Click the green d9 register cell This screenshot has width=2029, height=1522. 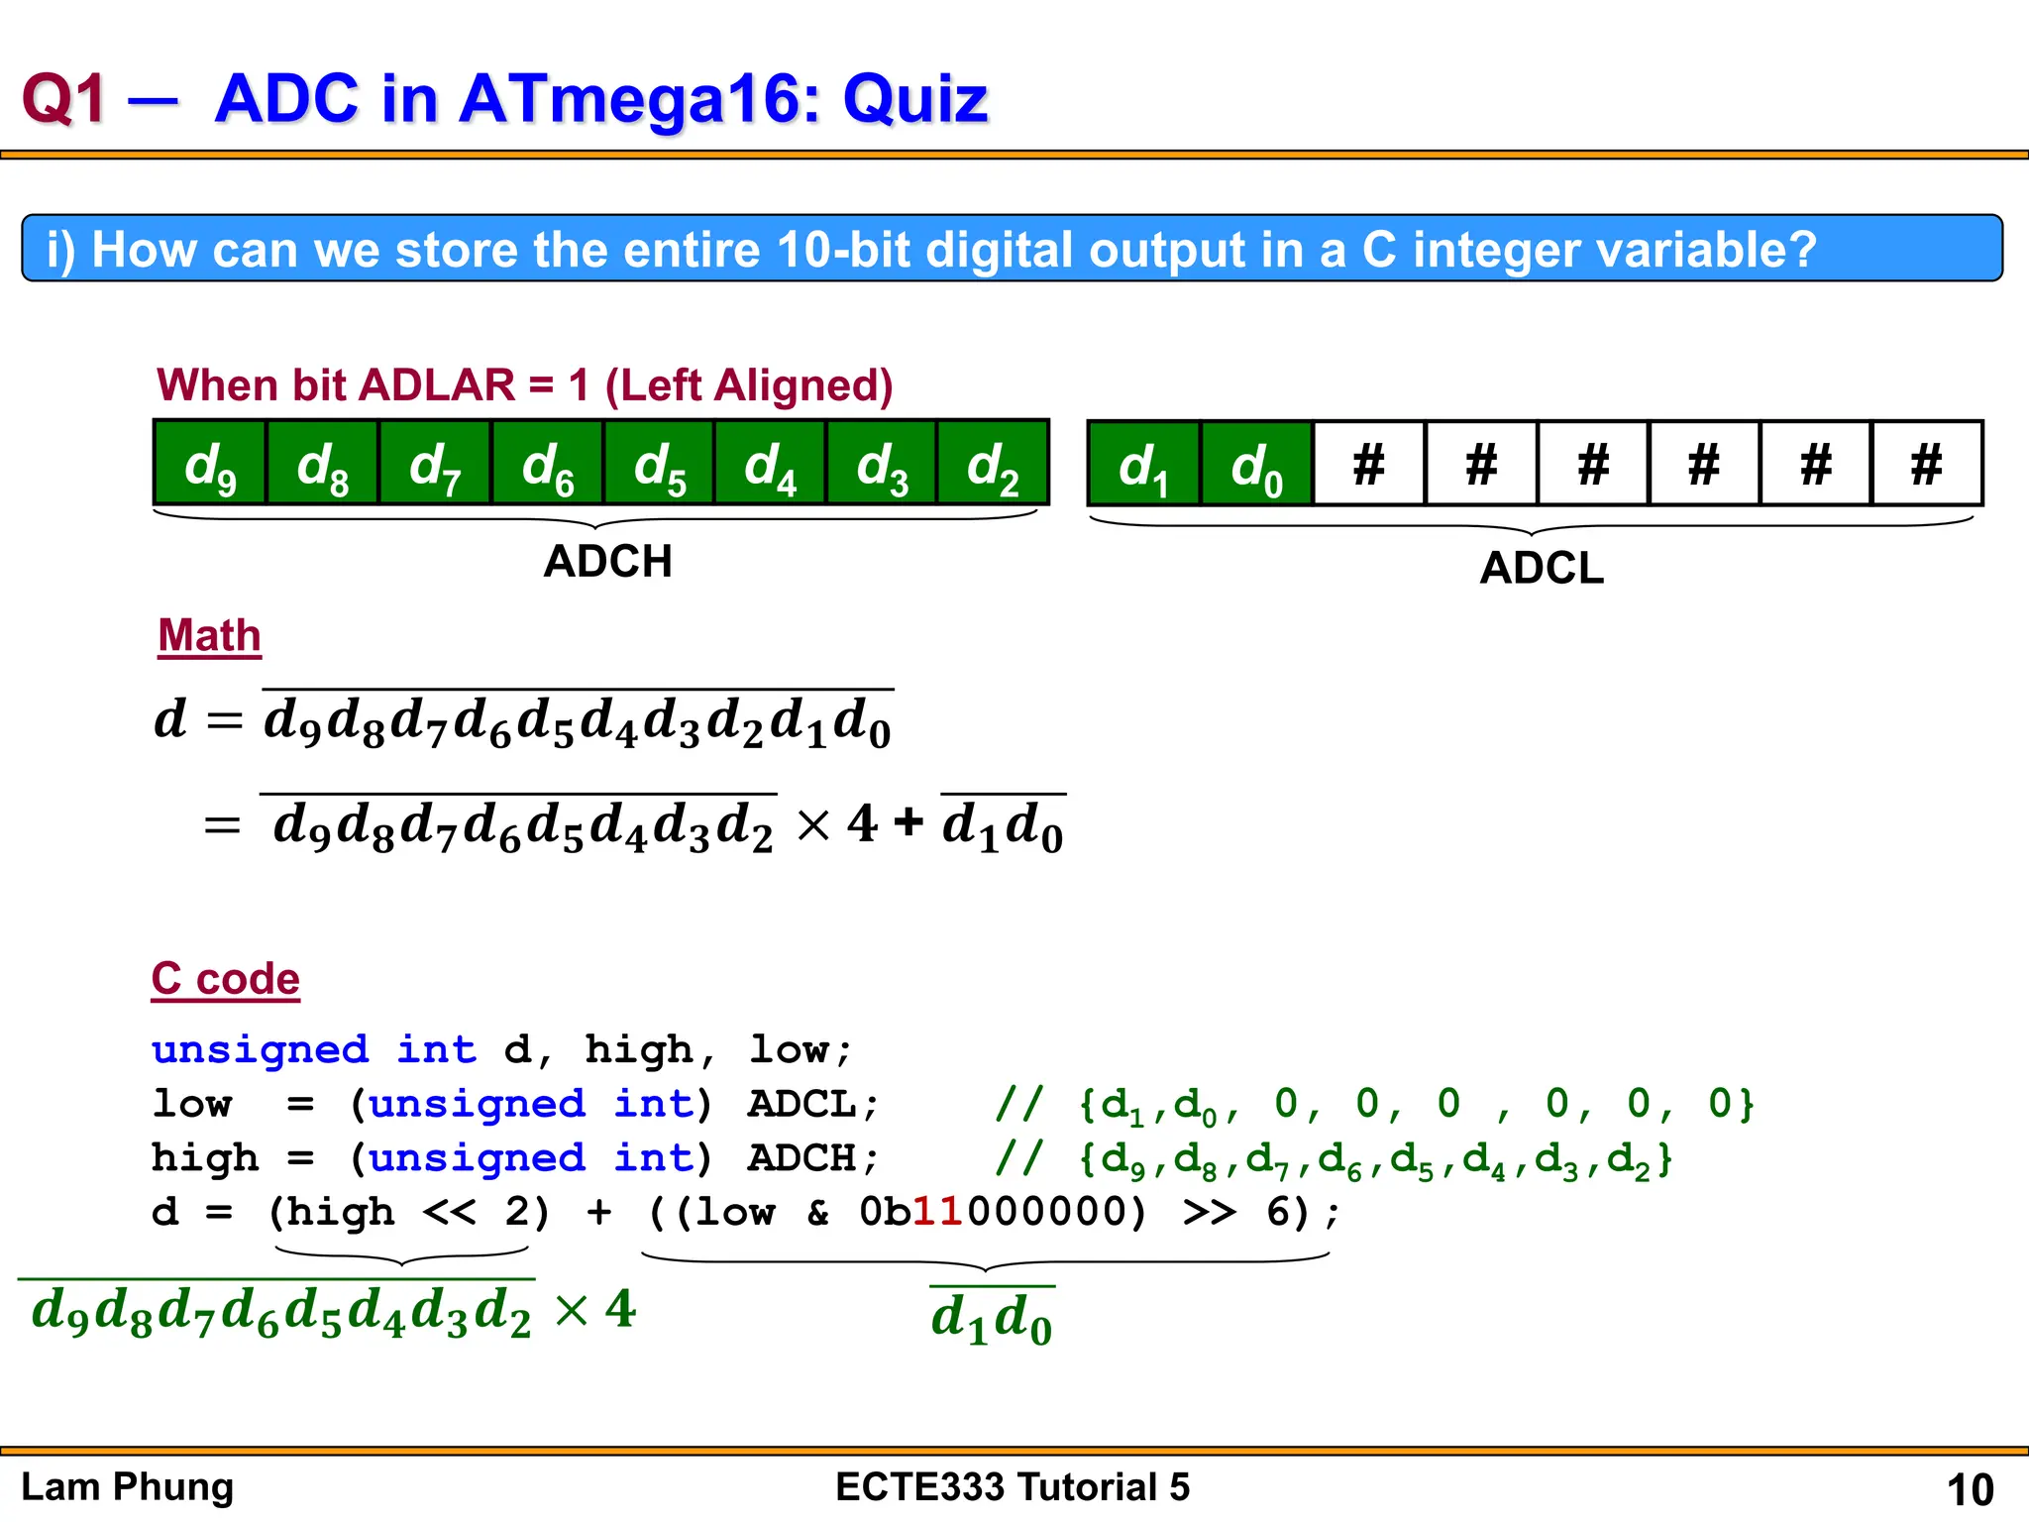click(x=210, y=464)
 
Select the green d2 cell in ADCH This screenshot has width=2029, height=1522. click(x=993, y=464)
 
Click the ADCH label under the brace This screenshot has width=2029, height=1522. click(x=607, y=562)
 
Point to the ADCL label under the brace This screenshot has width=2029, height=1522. click(x=1542, y=569)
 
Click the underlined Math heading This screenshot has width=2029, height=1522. click(x=209, y=636)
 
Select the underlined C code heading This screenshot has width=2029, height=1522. click(x=225, y=979)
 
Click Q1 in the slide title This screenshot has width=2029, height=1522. click(x=63, y=99)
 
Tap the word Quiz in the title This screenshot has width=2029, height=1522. click(x=914, y=99)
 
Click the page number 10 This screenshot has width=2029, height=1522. click(x=1970, y=1489)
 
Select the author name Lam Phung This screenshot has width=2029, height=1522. click(x=127, y=1487)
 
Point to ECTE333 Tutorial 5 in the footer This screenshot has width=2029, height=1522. click(x=1012, y=1487)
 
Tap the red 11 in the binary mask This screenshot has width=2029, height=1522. click(x=937, y=1212)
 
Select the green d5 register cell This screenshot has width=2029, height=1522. click(x=659, y=464)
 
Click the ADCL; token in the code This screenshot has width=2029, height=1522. click(x=813, y=1104)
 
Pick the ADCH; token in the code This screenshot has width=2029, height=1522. click(x=813, y=1158)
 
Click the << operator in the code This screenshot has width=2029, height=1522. click(x=449, y=1212)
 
